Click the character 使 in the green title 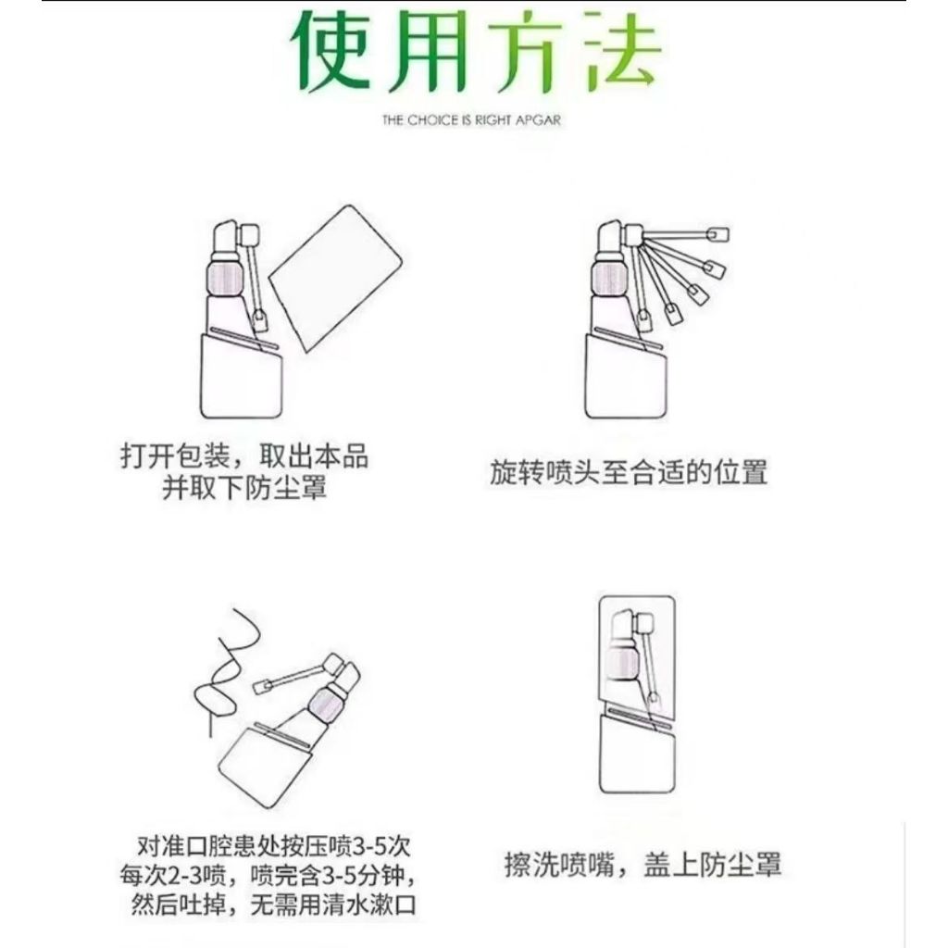[x=332, y=51]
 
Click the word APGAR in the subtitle [x=538, y=120]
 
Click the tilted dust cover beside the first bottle [x=335, y=278]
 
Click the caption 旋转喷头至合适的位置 [x=629, y=472]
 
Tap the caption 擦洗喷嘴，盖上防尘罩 [x=643, y=864]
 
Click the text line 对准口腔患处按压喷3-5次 [x=274, y=846]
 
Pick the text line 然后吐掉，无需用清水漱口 [x=273, y=904]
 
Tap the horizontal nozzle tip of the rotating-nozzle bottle [x=717, y=234]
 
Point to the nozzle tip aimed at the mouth [x=263, y=687]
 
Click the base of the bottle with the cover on [x=637, y=754]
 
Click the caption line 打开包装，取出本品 [x=244, y=456]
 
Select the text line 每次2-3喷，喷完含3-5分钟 [x=268, y=876]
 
